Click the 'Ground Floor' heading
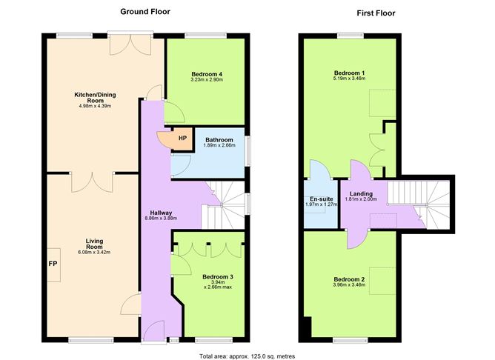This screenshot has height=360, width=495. tap(146, 12)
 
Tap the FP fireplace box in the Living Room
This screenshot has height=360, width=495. tap(53, 263)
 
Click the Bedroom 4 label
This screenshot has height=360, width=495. tap(207, 74)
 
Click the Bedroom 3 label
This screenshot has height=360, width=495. tap(217, 277)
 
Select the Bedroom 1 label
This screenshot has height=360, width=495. tap(349, 72)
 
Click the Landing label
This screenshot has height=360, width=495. tap(361, 194)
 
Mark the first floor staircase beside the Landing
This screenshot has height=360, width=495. tap(417, 202)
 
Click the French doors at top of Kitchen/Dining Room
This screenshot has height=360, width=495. tap(120, 44)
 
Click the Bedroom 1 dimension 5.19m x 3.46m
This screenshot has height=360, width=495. tap(349, 79)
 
